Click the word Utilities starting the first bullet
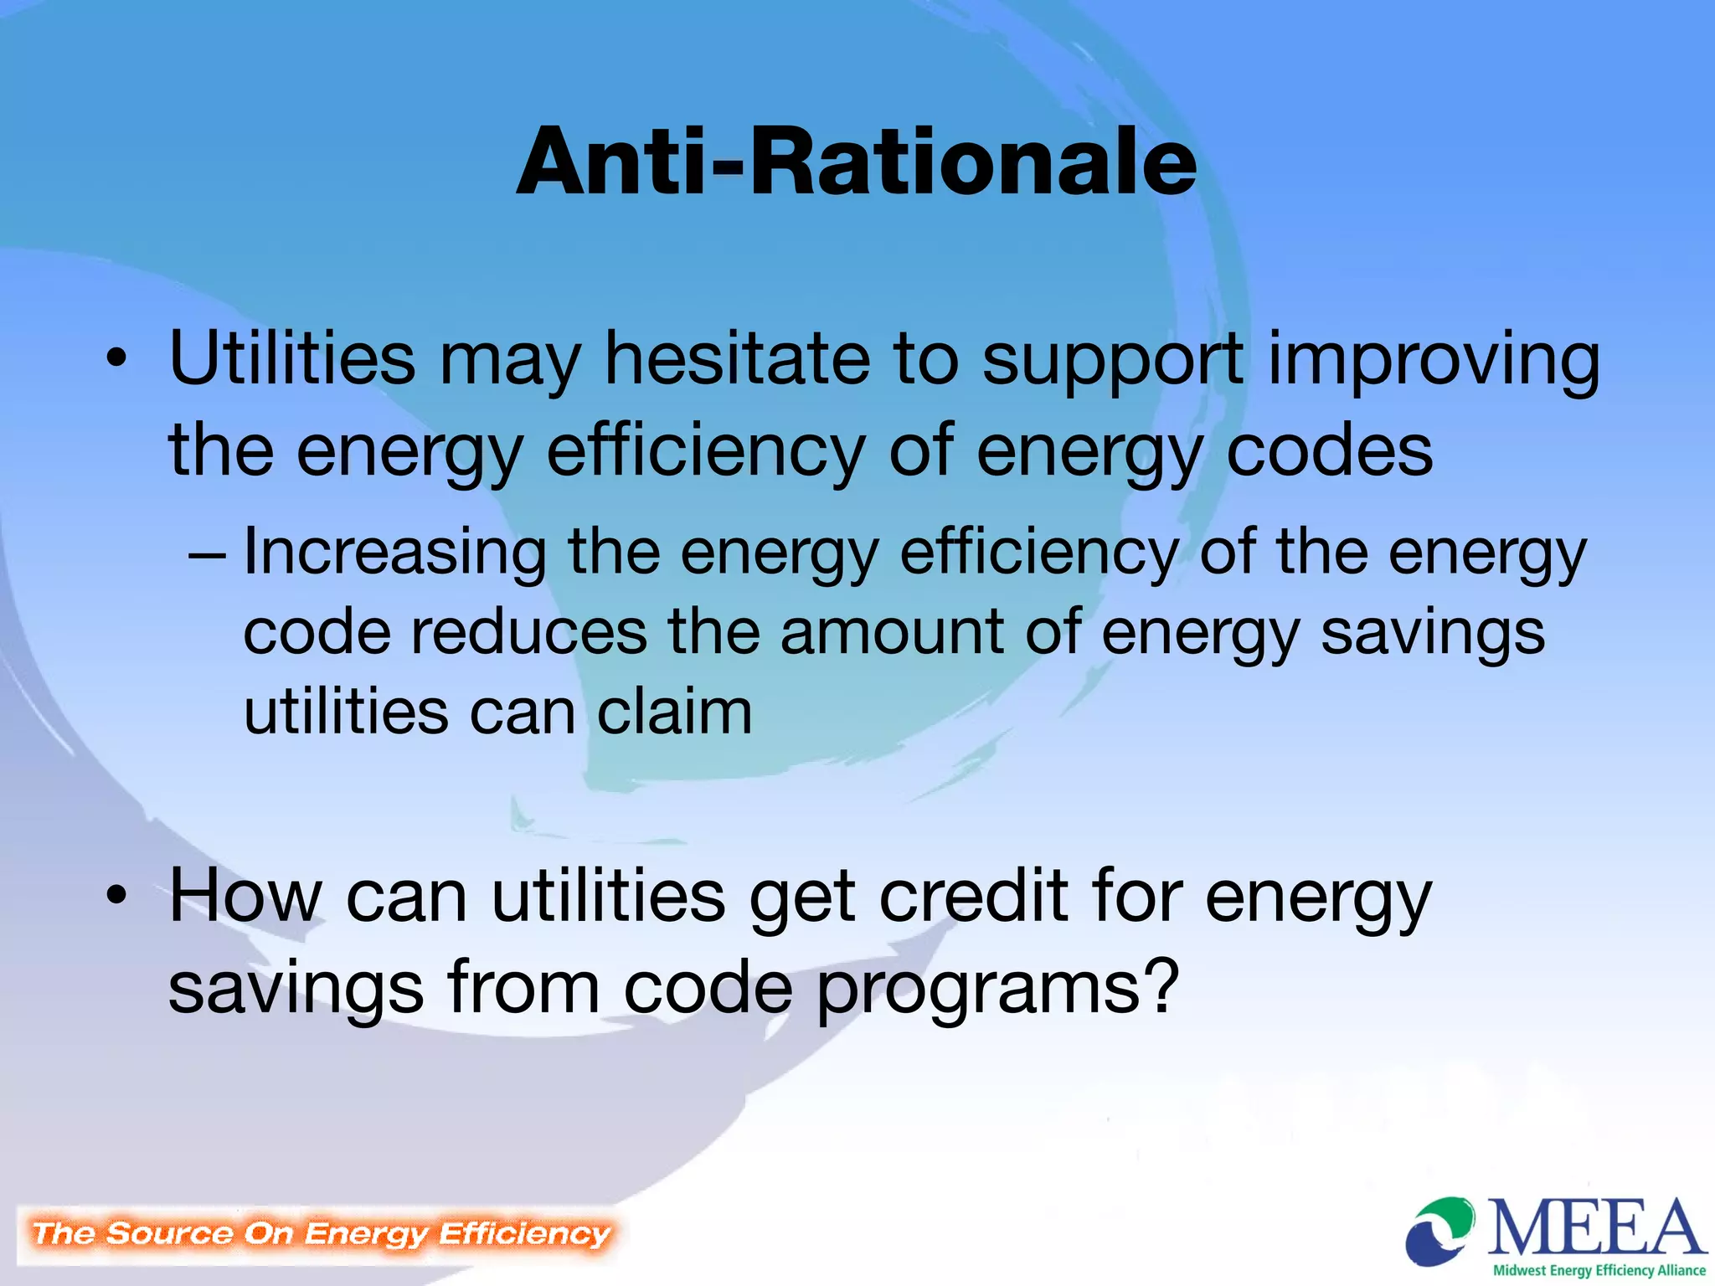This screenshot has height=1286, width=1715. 291,358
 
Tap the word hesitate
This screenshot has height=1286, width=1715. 738,358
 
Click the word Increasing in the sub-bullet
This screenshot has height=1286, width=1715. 394,553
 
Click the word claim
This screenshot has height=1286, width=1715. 674,712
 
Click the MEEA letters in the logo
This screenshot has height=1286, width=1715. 1595,1227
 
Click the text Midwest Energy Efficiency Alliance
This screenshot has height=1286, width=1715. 1599,1270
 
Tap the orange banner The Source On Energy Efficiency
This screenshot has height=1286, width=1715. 320,1233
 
